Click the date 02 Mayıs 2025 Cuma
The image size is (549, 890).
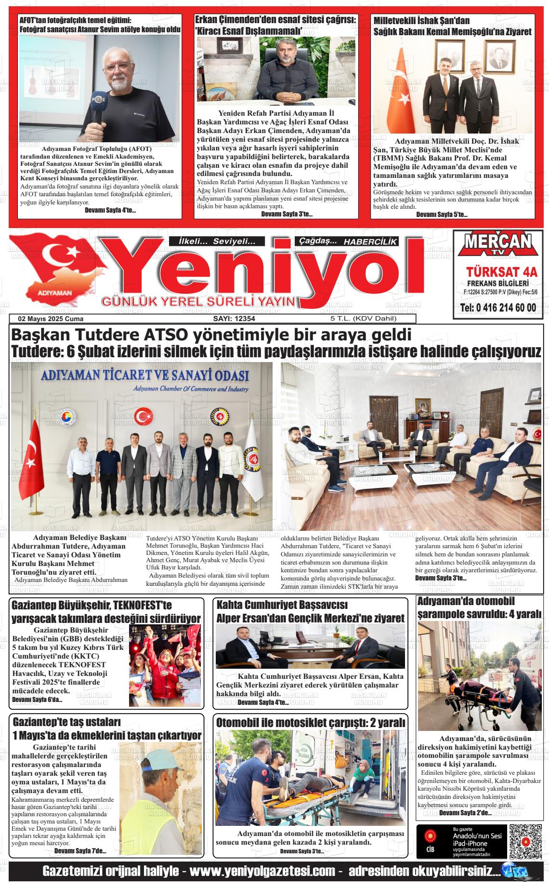click(x=51, y=319)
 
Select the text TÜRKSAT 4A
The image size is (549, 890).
click(x=501, y=272)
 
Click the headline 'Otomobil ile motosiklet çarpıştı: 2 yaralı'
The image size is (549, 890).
click(x=311, y=723)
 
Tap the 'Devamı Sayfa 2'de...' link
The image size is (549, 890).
click(x=465, y=812)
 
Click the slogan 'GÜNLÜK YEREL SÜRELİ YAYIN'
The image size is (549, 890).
click(x=197, y=302)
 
